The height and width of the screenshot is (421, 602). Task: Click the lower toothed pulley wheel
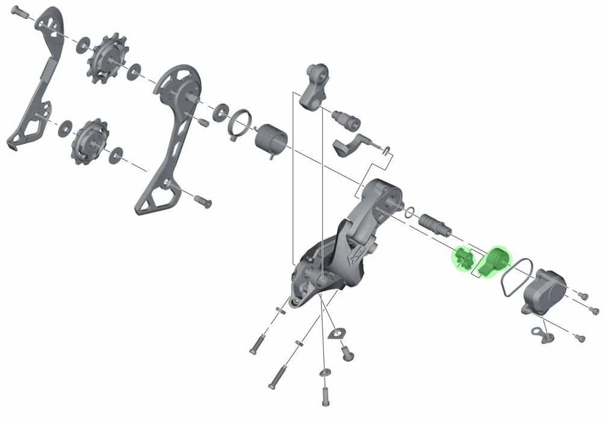(x=88, y=142)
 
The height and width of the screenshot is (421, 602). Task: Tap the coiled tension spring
(x=268, y=142)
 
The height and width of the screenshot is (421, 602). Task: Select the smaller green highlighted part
(x=462, y=259)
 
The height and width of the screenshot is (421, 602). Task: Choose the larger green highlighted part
(x=494, y=261)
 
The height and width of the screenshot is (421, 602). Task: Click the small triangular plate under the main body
(x=336, y=332)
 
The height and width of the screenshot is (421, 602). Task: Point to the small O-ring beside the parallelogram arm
(x=410, y=211)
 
